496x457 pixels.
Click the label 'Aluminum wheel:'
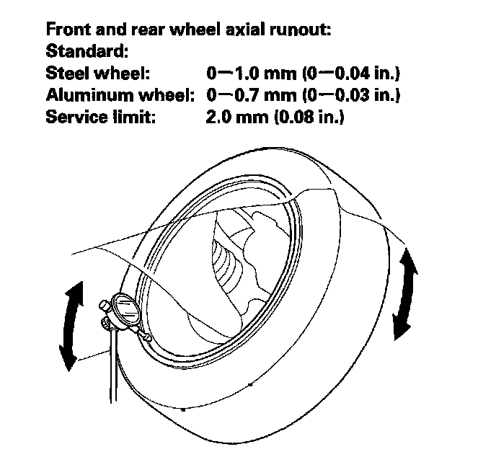coord(121,94)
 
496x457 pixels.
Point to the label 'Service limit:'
coord(101,116)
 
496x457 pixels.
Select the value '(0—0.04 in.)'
coord(355,74)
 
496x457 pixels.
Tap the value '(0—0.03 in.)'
coord(355,94)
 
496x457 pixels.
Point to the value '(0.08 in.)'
coord(308,116)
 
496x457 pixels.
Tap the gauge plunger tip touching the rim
coord(149,338)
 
